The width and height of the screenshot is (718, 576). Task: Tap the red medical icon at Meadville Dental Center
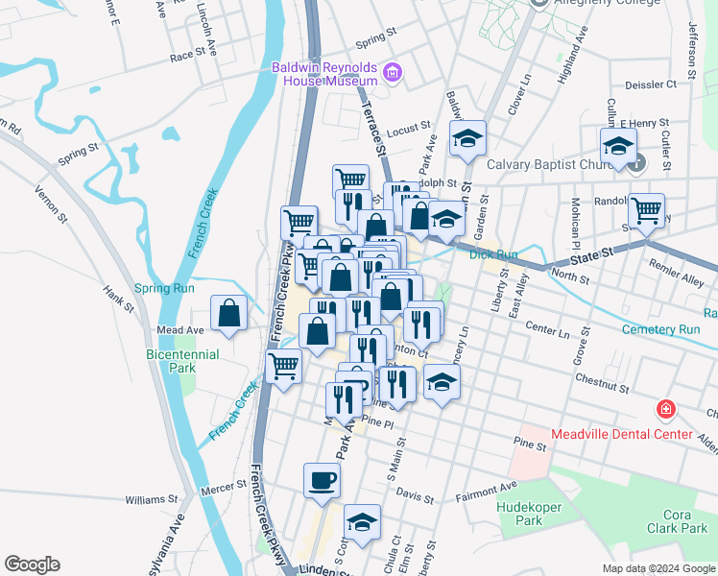click(664, 411)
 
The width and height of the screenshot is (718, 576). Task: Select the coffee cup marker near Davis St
click(322, 479)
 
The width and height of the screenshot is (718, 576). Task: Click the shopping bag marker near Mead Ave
click(229, 313)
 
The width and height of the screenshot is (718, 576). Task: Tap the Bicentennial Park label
click(182, 361)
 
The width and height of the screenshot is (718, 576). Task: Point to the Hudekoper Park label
click(519, 514)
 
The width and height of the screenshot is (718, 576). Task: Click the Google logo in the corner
click(32, 564)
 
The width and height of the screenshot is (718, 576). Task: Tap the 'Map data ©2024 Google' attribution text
click(658, 568)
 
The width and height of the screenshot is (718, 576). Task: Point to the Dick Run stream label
click(494, 254)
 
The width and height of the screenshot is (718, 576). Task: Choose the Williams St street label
click(153, 499)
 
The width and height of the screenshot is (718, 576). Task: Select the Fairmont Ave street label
click(486, 490)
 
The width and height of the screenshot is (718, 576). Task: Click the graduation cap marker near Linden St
click(361, 522)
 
